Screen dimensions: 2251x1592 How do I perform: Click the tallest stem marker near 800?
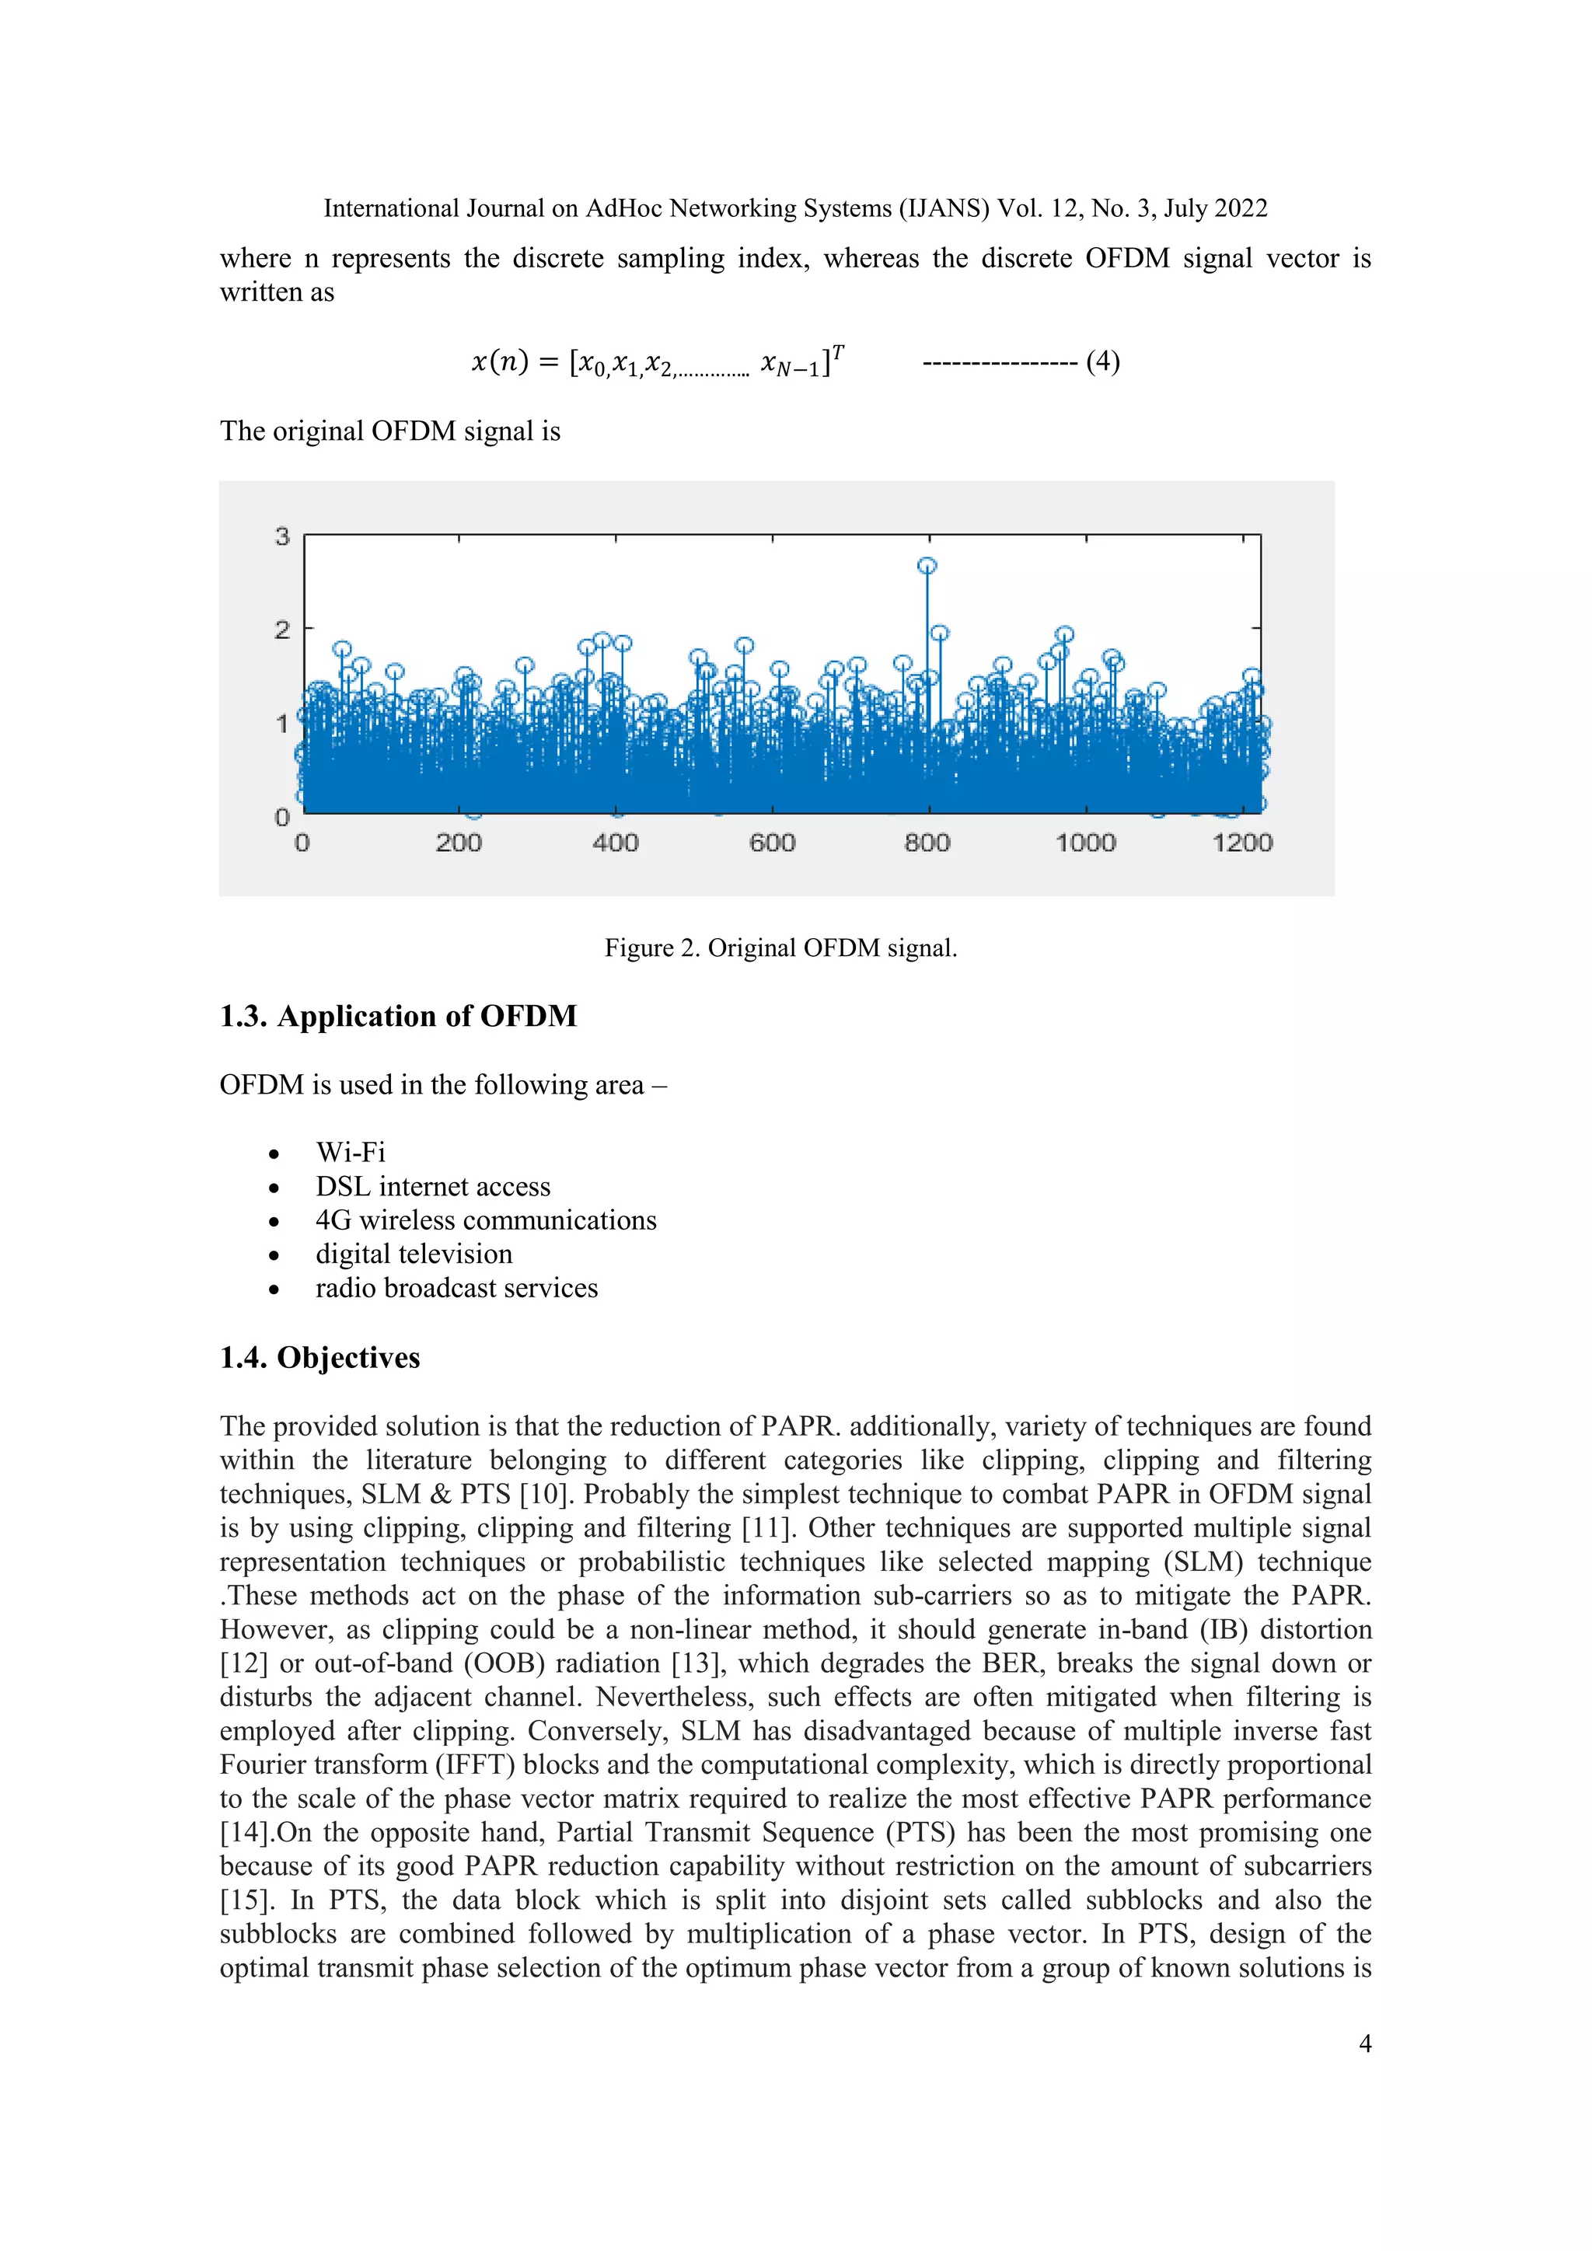pyautogui.click(x=927, y=566)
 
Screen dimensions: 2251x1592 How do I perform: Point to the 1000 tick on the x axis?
pyautogui.click(x=1085, y=842)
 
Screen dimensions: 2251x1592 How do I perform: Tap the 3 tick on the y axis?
pyautogui.click(x=282, y=536)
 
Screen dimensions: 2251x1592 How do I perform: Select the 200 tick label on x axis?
pyautogui.click(x=458, y=842)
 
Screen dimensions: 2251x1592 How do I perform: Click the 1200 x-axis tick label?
pyautogui.click(x=1241, y=842)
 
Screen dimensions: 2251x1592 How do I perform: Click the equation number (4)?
pyautogui.click(x=1103, y=361)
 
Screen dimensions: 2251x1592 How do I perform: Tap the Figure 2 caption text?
pyautogui.click(x=780, y=948)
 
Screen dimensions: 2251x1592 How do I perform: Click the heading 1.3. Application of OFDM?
pyautogui.click(x=398, y=1016)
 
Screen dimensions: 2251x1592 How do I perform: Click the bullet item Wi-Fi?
pyautogui.click(x=350, y=1152)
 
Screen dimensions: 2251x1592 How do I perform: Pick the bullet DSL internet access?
pyautogui.click(x=432, y=1186)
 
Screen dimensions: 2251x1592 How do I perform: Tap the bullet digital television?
pyautogui.click(x=414, y=1254)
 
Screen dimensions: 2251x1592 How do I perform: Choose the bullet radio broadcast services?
pyautogui.click(x=456, y=1287)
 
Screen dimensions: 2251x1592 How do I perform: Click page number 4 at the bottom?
pyautogui.click(x=1364, y=2043)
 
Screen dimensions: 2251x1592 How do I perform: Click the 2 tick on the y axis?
pyautogui.click(x=282, y=630)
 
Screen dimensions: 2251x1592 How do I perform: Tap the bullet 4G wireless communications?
pyautogui.click(x=485, y=1220)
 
